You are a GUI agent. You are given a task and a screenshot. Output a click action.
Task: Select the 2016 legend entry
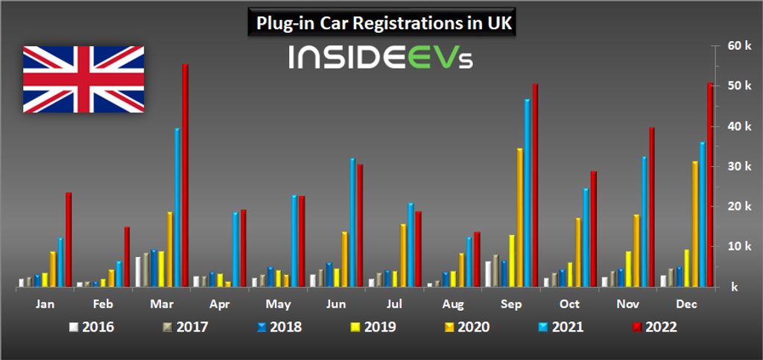92,326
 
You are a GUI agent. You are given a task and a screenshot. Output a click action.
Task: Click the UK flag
83,79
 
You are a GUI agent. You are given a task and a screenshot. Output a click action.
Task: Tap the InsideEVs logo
380,58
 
